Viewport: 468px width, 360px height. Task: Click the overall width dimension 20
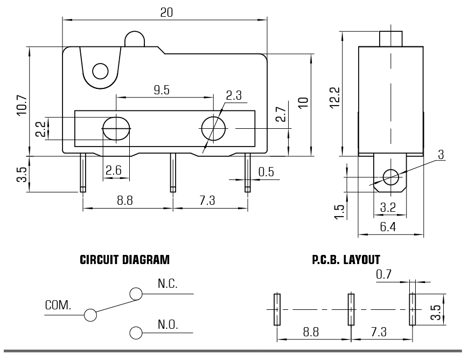[x=166, y=12]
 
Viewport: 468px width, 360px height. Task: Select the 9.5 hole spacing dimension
[x=162, y=89]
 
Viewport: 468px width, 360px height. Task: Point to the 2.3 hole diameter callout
[x=234, y=96]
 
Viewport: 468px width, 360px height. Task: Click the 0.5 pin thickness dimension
[x=266, y=172]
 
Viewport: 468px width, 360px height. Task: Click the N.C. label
[x=167, y=283]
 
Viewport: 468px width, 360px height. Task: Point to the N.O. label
[x=167, y=324]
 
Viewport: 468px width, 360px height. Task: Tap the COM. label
[x=58, y=305]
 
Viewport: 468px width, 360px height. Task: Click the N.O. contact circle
[x=136, y=332]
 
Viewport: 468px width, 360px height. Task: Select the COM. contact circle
[x=90, y=314]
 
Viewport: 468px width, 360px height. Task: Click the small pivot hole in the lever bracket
[x=100, y=71]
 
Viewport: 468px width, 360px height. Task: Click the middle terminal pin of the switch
[x=173, y=172]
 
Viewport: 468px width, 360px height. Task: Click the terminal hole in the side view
[x=390, y=176]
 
